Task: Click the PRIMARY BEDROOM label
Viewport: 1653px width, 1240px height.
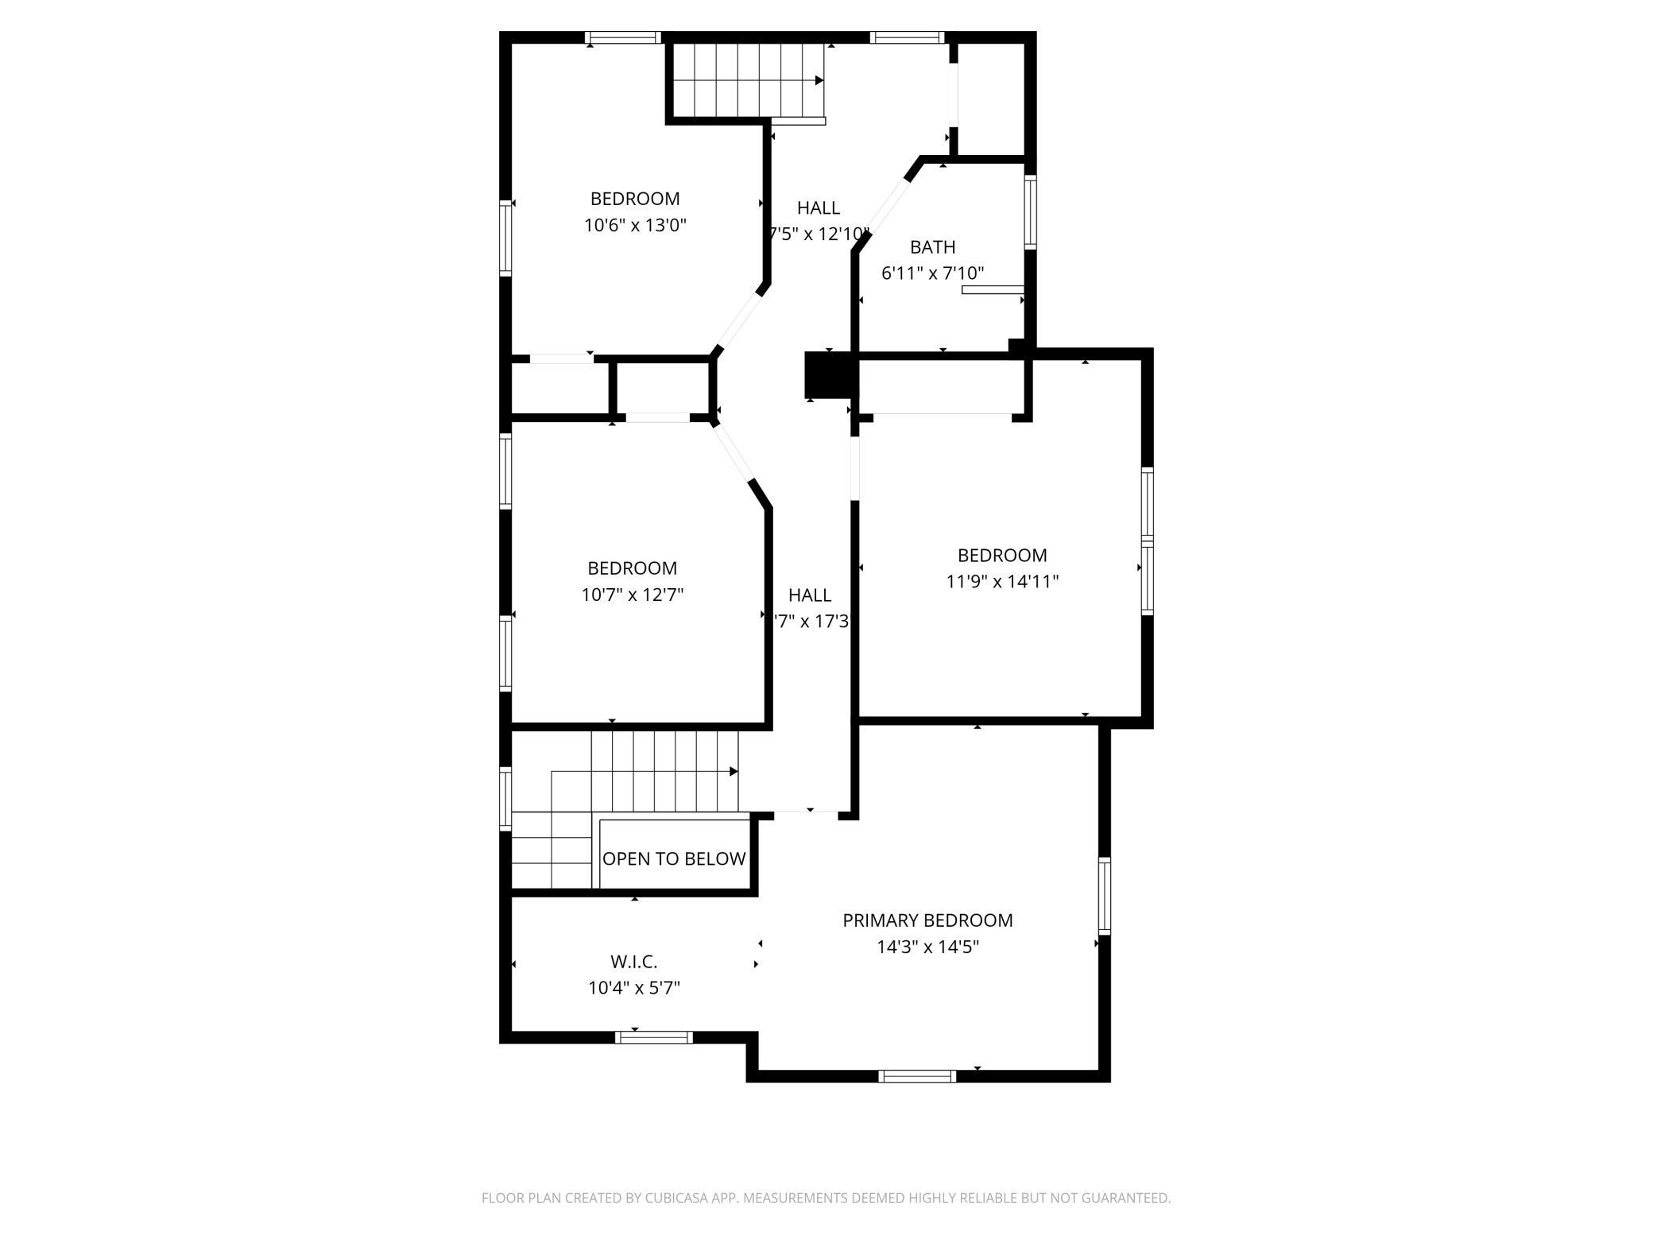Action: pos(927,920)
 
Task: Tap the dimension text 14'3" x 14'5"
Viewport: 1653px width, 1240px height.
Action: pos(927,947)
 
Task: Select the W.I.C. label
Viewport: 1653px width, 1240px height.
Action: pos(633,962)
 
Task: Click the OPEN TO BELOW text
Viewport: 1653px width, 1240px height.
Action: pos(674,858)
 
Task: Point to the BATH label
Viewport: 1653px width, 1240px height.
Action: pos(932,247)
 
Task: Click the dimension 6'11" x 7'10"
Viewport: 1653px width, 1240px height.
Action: pos(932,273)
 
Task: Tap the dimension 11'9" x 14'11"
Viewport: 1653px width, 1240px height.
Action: pos(1002,581)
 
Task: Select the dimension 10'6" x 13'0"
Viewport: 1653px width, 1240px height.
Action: pos(635,225)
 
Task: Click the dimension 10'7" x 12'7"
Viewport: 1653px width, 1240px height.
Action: pos(632,595)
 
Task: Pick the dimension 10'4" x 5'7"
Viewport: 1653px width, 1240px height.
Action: pos(633,988)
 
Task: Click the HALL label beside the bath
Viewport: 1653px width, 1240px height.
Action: pos(819,208)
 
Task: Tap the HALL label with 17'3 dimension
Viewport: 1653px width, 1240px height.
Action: pos(810,595)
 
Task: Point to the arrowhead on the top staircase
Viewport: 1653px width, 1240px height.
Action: pos(819,80)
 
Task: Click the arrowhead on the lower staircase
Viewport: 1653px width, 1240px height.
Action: pos(734,772)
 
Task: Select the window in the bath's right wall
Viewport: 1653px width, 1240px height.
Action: pos(1030,211)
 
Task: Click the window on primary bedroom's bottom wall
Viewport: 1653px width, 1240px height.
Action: pos(917,1076)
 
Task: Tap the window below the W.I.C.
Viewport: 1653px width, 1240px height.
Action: pos(654,1037)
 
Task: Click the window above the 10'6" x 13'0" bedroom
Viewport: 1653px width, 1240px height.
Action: pos(623,37)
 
